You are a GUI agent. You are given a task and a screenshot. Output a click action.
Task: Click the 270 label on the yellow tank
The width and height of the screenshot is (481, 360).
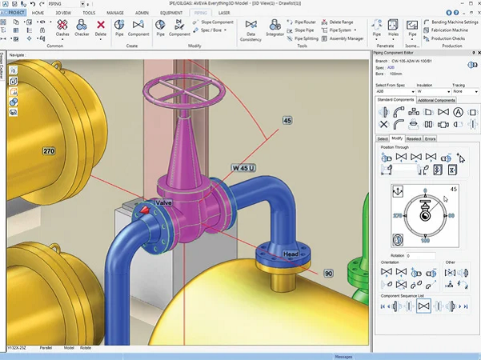coord(48,150)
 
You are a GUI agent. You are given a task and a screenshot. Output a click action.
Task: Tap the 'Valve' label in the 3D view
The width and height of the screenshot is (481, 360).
coord(163,203)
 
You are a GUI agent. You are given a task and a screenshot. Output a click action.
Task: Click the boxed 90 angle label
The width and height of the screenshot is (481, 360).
coord(328,273)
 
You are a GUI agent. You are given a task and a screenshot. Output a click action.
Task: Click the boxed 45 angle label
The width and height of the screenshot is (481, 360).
coord(287,120)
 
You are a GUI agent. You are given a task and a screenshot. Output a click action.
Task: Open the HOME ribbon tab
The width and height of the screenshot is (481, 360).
coord(38,13)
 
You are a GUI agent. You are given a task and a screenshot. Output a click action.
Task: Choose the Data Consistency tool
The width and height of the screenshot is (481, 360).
coord(251,31)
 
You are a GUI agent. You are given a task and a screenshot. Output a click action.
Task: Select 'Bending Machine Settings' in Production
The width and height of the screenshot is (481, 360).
coord(453,22)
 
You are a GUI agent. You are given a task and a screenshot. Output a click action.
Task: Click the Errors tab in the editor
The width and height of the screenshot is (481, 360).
coord(431,138)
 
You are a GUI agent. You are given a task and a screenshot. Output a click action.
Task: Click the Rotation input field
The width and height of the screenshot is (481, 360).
coord(421,256)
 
